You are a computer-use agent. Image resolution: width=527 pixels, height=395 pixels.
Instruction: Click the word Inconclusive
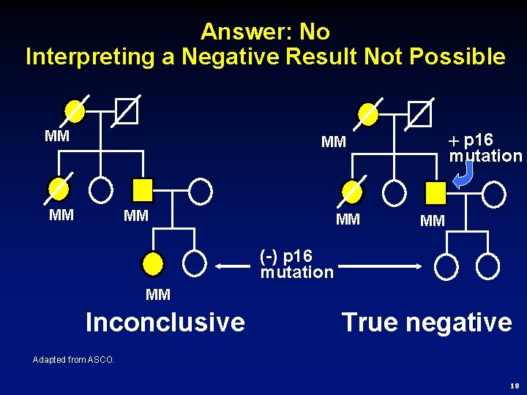(165, 322)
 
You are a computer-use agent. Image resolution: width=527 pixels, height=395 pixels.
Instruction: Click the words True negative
(427, 322)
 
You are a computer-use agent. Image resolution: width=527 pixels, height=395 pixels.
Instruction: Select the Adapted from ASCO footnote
(74, 359)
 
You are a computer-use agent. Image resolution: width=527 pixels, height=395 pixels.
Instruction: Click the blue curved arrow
(464, 174)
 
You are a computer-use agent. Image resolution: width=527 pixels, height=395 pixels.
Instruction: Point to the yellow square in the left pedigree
(143, 190)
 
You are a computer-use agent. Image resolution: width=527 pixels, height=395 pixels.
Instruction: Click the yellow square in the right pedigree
(436, 193)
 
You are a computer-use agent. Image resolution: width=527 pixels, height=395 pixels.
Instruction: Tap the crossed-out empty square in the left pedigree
(127, 111)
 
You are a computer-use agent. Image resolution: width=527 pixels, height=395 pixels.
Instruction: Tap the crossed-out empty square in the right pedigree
(420, 113)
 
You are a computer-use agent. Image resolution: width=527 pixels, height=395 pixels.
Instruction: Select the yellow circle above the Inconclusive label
(153, 262)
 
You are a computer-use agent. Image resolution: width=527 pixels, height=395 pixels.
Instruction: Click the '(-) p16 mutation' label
(296, 264)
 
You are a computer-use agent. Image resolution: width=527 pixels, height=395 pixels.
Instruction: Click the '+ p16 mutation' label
(485, 148)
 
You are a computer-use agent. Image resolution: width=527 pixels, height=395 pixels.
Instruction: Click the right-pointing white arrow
(381, 268)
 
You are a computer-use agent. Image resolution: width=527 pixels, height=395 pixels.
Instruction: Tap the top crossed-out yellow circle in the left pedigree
(75, 111)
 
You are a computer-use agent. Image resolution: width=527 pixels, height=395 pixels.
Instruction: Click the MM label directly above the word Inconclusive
(158, 295)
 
